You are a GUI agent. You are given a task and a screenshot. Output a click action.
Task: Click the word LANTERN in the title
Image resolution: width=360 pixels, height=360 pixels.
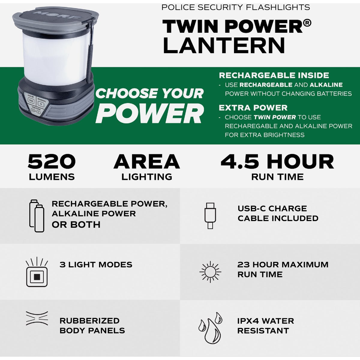coord(223,45)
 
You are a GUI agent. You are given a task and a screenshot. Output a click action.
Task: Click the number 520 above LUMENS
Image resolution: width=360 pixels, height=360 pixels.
coord(52,162)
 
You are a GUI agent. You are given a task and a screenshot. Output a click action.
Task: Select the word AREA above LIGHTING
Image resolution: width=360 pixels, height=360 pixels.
coord(147,162)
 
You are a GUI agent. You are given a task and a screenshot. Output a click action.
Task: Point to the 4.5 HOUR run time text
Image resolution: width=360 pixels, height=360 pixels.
coord(277,162)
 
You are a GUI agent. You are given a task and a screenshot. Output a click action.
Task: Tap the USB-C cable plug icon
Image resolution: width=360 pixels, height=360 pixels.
coord(210,215)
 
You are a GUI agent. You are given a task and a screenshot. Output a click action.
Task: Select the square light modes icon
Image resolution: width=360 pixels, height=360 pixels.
coord(37,272)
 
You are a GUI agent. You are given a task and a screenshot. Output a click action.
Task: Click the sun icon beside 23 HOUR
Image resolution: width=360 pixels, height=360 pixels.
coord(210,272)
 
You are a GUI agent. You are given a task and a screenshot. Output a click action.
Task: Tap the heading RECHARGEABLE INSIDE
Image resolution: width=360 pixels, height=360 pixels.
coord(274,75)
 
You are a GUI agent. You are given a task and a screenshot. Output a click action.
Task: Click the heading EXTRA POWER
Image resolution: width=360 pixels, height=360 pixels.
coord(253,108)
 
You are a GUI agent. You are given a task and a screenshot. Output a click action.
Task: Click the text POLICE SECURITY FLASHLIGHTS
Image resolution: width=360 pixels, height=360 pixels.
coord(235,7)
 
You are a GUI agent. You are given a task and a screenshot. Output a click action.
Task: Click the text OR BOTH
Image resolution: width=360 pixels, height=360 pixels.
coord(76,224)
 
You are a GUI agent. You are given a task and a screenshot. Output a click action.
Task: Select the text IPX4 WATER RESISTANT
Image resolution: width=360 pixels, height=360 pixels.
coord(265,326)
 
